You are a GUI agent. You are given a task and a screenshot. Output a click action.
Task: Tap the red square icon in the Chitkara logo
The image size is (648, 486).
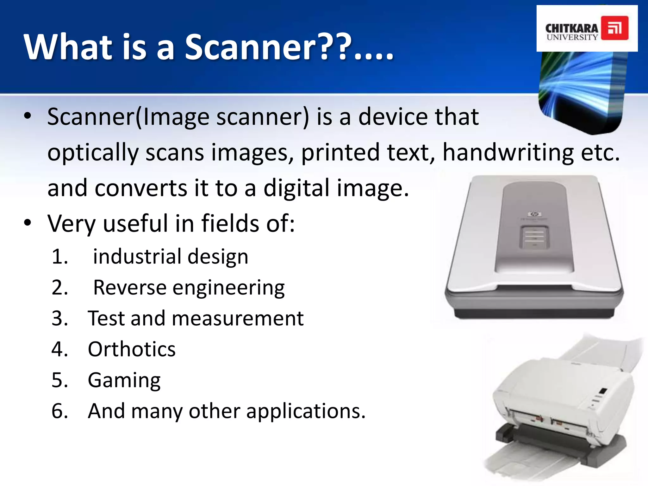pyautogui.click(x=614, y=28)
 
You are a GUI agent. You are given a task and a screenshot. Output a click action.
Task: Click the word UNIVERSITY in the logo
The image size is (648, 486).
pyautogui.click(x=572, y=37)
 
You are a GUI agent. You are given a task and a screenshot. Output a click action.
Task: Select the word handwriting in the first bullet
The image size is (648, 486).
pyautogui.click(x=508, y=153)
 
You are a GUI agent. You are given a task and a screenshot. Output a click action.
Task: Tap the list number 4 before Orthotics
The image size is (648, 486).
pyautogui.click(x=59, y=349)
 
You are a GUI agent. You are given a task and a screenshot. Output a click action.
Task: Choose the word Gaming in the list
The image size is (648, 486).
pyautogui.click(x=124, y=380)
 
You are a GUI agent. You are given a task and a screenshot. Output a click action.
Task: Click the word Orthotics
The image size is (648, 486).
pyautogui.click(x=132, y=349)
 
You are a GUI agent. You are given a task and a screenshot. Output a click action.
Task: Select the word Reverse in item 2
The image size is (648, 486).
pyautogui.click(x=130, y=288)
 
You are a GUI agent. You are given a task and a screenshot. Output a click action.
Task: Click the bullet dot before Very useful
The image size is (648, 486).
pyautogui.click(x=28, y=223)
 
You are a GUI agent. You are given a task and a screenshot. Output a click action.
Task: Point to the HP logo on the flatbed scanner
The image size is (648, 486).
pyautogui.click(x=534, y=214)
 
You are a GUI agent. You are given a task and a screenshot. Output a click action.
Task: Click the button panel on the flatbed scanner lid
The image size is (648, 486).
pyautogui.click(x=534, y=237)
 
